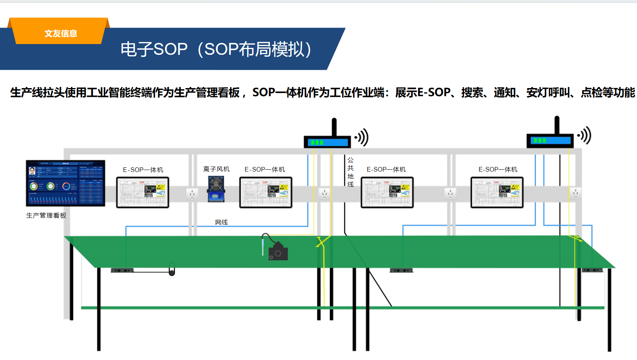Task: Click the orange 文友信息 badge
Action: [x=60, y=33]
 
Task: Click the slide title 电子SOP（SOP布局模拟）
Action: [x=216, y=49]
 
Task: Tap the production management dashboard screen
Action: [x=65, y=183]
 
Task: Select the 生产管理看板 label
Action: [x=46, y=216]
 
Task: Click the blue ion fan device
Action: [x=216, y=188]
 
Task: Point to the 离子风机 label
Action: [x=216, y=169]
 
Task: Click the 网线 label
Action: [x=221, y=222]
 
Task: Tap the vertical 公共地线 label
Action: [x=350, y=172]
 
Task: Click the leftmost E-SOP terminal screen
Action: [x=142, y=192]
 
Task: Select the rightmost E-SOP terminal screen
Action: [x=497, y=192]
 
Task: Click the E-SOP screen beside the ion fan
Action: [x=266, y=192]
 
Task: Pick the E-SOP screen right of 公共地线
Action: [x=387, y=192]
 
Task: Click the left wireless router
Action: [x=327, y=142]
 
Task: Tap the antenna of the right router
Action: [x=557, y=125]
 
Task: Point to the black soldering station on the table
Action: [x=278, y=252]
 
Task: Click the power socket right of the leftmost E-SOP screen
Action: [x=192, y=193]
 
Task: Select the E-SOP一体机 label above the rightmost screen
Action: [x=498, y=169]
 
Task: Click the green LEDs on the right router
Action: [x=540, y=141]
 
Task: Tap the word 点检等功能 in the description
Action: [x=608, y=92]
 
